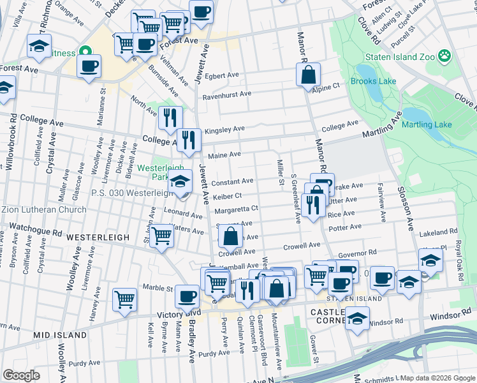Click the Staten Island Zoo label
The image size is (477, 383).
(399, 57)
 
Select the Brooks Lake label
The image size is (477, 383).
(373, 82)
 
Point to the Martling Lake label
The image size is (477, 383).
(444, 124)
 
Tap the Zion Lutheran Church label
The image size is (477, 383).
(44, 210)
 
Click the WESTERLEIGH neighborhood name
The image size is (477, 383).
(99, 237)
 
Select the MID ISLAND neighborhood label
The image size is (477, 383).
(60, 334)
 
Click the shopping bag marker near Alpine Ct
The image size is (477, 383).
(308, 75)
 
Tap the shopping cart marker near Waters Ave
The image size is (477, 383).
(163, 236)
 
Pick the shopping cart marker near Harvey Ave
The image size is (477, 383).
(124, 299)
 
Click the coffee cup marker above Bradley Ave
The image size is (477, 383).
(187, 296)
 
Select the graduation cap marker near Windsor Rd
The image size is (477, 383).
(358, 317)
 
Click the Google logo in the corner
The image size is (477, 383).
(21, 375)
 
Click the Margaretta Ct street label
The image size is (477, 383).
(236, 209)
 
